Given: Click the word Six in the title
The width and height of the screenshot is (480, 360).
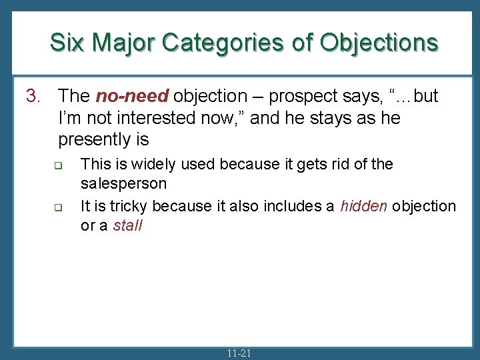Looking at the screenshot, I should point(67,43).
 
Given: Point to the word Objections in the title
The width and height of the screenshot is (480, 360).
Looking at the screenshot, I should point(379,43).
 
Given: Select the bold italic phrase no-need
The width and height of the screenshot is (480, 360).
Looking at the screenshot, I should point(132,97).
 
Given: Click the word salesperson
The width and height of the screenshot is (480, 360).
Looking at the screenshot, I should point(123,183).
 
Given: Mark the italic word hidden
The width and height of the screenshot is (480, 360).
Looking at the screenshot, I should point(363,207).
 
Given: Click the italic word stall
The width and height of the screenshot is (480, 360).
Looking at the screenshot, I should point(128,225).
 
